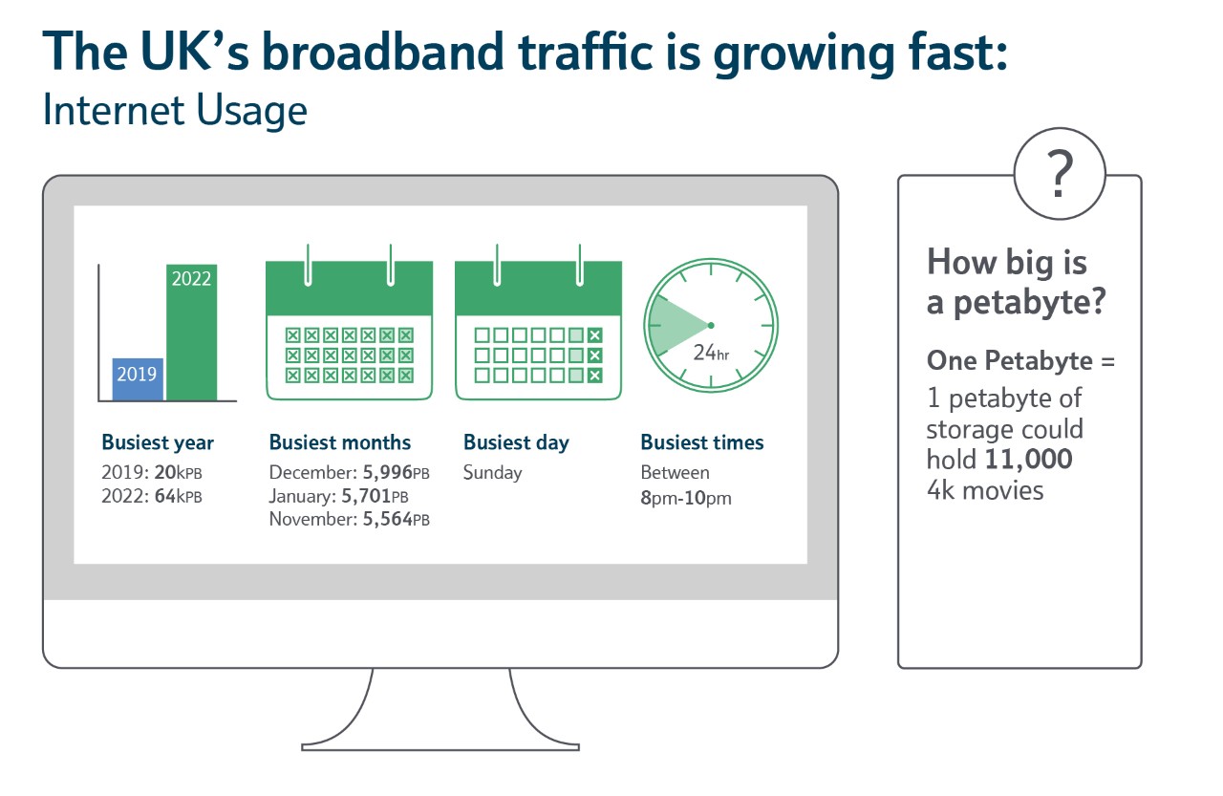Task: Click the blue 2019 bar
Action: pyautogui.click(x=138, y=379)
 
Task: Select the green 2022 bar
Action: pyautogui.click(x=192, y=333)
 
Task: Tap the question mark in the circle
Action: pyautogui.click(x=1060, y=174)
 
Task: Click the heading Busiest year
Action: pyautogui.click(x=158, y=442)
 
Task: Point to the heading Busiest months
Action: pyautogui.click(x=339, y=442)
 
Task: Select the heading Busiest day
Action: pyautogui.click(x=516, y=442)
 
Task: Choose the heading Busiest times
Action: pyautogui.click(x=702, y=442)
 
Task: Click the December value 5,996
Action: pyautogui.click(x=388, y=472)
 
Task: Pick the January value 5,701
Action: pyautogui.click(x=366, y=496)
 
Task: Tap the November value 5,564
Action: pyautogui.click(x=388, y=519)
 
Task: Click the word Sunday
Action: pyautogui.click(x=492, y=473)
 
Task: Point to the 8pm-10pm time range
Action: pyautogui.click(x=686, y=498)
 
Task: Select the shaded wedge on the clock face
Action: pyautogui.click(x=676, y=326)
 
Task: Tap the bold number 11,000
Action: pyautogui.click(x=1028, y=460)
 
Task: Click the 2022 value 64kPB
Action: pyautogui.click(x=178, y=496)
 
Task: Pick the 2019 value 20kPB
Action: pyautogui.click(x=178, y=472)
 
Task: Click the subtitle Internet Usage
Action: pyautogui.click(x=175, y=110)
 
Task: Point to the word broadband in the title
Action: pyautogui.click(x=383, y=52)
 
